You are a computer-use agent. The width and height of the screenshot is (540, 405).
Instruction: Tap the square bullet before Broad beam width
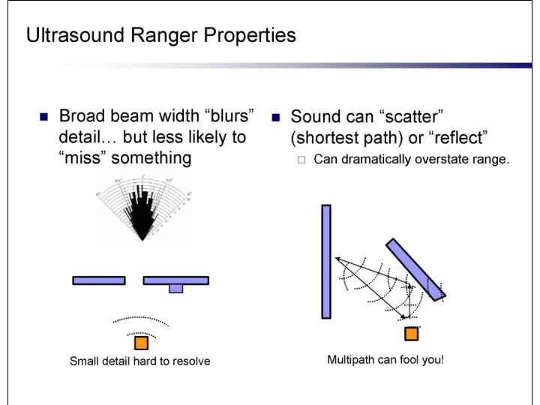(43, 117)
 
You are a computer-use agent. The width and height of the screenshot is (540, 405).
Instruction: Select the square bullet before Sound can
(275, 118)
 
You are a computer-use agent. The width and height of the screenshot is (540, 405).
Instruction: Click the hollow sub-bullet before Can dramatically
(301, 159)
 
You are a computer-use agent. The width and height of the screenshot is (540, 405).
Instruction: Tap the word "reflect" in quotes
(460, 138)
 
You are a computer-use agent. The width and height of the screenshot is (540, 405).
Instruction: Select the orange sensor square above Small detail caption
(141, 343)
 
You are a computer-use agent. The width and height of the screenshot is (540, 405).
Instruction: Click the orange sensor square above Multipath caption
(411, 334)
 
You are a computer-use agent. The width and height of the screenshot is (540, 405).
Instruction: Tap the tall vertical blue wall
(326, 262)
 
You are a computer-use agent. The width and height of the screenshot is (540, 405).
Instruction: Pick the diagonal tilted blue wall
(416, 268)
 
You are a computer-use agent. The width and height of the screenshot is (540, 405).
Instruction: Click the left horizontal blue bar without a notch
(99, 280)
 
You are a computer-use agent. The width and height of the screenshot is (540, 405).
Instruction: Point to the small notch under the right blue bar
(175, 289)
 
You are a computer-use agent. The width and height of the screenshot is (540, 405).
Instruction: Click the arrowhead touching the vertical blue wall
(337, 259)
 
